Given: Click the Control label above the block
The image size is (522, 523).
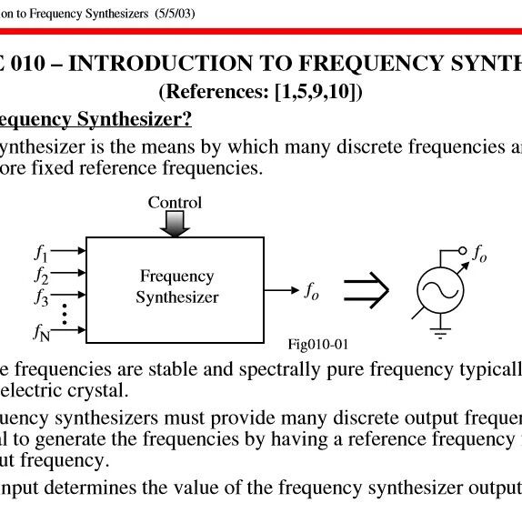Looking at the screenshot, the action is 175,203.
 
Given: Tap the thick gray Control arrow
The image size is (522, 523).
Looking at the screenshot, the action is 175,224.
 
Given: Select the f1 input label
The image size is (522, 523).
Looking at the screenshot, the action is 41,253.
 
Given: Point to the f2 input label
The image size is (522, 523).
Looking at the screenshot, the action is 41,276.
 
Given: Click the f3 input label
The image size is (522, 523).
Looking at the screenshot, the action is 41,297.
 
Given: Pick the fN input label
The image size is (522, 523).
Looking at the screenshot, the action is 42,333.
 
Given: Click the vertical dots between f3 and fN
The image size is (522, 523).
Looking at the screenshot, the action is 65,314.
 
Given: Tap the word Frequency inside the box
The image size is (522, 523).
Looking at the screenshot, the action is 176,277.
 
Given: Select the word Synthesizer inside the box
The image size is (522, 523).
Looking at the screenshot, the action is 176,297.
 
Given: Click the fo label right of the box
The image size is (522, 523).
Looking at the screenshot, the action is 312,292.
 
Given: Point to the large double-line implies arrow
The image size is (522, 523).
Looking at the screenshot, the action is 366,290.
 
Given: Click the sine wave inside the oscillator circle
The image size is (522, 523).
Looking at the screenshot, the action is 440,290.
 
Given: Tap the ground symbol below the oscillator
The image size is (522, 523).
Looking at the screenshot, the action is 440,333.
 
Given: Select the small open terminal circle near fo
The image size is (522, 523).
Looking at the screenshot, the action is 462,250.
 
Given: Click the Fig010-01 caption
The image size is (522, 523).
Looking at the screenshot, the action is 318,344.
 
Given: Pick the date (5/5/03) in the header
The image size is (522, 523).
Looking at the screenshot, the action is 175,14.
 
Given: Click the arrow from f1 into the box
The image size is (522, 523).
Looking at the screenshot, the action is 68,250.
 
